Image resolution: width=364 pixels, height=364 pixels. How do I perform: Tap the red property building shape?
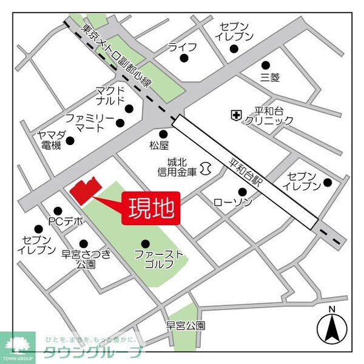83,190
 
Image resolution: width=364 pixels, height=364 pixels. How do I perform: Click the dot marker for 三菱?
265,65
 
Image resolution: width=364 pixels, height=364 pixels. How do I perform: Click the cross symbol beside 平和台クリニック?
235,114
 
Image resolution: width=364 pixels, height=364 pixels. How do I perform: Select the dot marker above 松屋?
163,134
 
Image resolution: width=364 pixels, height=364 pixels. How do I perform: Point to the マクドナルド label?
110,95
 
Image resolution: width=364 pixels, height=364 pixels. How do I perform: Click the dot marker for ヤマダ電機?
70,141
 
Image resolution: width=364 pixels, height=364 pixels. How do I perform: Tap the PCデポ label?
66,221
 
